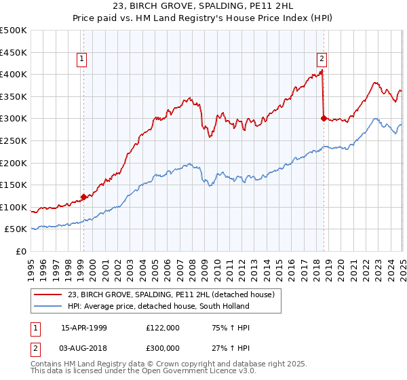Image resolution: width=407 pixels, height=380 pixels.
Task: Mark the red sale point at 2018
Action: [323, 118]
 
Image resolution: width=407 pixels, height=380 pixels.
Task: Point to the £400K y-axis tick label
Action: [14, 74]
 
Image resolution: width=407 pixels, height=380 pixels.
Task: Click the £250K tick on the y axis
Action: [14, 140]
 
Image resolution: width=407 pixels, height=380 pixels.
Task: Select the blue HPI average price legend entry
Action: [157, 306]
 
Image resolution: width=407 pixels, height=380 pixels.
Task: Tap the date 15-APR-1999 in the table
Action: [84, 328]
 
